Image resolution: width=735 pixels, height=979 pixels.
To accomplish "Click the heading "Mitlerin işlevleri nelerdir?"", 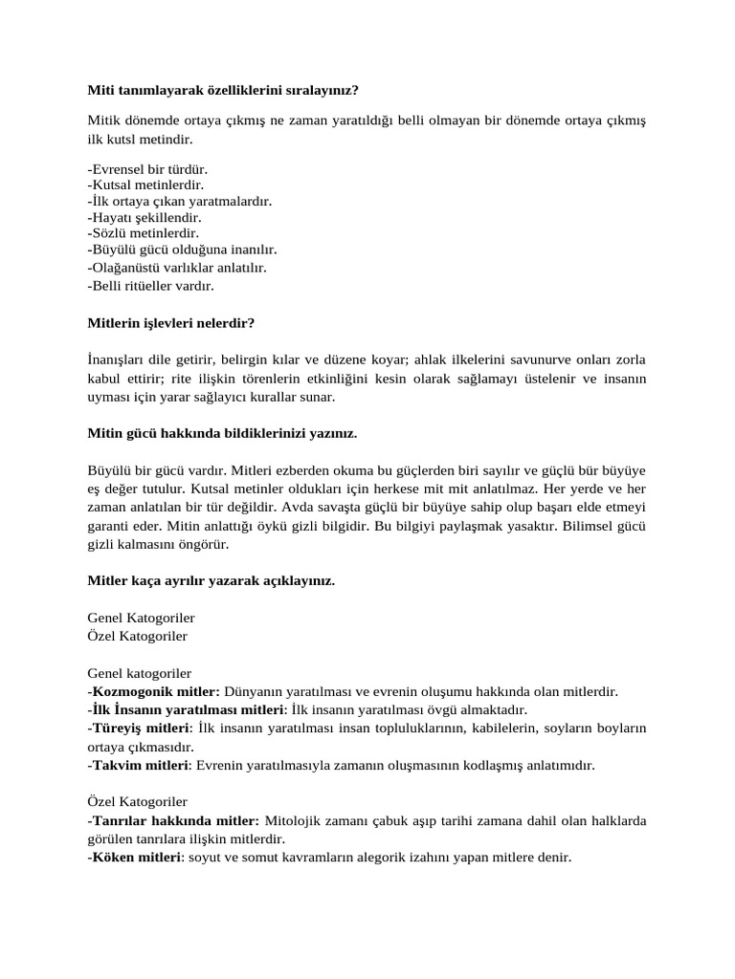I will point(170,323).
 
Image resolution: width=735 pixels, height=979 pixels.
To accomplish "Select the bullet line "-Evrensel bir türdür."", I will point(146,169).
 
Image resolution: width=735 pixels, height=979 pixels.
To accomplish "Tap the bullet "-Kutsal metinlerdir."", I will point(145,185).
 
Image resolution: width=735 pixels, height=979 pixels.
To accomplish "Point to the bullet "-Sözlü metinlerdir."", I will point(143,232).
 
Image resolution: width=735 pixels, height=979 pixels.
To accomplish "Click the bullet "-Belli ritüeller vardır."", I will point(150,285).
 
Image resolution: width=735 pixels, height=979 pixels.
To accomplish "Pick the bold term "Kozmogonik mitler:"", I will point(155,691).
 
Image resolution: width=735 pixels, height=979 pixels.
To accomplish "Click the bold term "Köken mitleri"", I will point(135,858).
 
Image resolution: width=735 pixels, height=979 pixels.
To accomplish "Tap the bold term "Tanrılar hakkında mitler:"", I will point(175,820).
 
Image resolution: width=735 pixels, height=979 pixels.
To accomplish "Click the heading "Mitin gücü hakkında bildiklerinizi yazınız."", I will point(222,433).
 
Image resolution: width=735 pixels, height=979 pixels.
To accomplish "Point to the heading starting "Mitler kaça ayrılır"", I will point(211,580).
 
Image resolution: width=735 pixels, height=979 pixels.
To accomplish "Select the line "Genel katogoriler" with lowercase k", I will point(139,673).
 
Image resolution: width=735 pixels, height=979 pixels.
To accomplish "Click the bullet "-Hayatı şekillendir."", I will point(144,217).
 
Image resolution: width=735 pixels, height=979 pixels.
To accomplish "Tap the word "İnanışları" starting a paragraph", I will point(116,359).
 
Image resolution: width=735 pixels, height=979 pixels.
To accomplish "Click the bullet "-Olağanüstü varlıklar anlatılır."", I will point(176,268).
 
